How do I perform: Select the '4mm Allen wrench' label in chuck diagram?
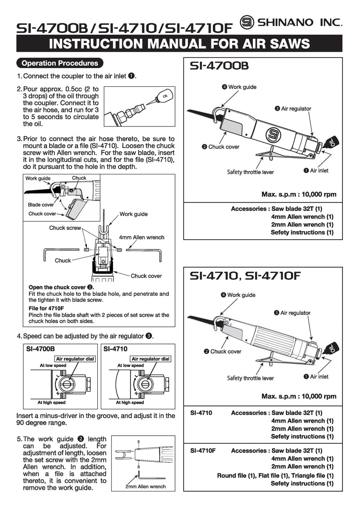[x=142, y=237]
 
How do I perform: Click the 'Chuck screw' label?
[x=65, y=228]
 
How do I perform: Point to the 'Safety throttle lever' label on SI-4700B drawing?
[x=251, y=172]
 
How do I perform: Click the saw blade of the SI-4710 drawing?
[x=204, y=322]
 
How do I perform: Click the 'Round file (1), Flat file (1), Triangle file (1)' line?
[x=275, y=475]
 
